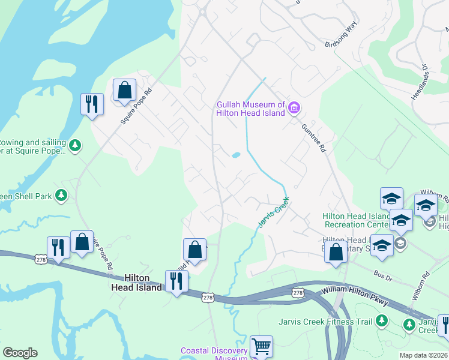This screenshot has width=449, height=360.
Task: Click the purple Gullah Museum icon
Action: coord(294,108)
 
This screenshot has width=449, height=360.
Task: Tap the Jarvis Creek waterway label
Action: coord(273,212)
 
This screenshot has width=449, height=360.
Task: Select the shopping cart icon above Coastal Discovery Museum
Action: coord(261,346)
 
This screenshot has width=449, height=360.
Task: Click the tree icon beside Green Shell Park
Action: coord(61,195)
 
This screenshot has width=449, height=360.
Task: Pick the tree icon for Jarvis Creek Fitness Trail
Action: coord(381,322)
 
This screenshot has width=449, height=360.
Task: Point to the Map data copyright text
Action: coord(423,355)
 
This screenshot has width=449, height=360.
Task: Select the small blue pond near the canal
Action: coord(236,155)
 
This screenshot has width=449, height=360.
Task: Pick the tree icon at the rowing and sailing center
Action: coord(74,146)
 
